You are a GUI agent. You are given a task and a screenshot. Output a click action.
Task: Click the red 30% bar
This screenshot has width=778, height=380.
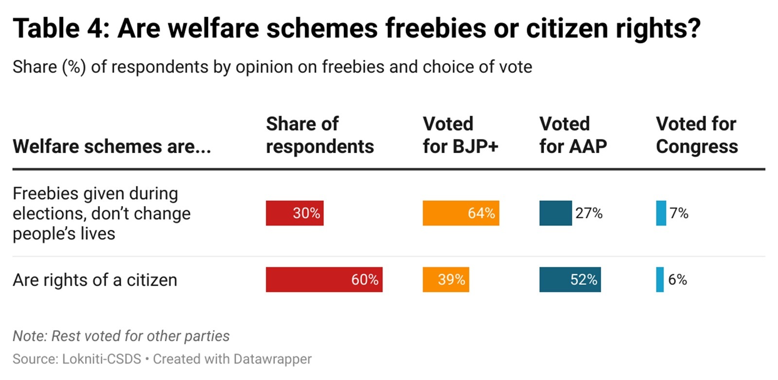point(294,213)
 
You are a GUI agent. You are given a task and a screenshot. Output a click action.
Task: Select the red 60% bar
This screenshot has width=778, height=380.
point(324,279)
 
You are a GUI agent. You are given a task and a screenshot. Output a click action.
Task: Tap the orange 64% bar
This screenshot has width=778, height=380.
point(460,213)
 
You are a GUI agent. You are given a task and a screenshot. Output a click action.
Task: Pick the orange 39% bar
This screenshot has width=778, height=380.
point(445,279)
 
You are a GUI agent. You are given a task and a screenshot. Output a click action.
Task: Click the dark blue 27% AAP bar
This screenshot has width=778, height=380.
point(555,213)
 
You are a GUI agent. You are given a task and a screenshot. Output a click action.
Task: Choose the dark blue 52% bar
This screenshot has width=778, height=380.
point(570,279)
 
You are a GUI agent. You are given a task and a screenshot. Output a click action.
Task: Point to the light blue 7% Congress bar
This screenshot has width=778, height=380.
point(661,213)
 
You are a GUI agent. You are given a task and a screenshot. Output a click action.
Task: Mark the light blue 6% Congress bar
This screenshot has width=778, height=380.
point(660,279)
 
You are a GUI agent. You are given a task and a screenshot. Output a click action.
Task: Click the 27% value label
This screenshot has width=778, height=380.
point(589,213)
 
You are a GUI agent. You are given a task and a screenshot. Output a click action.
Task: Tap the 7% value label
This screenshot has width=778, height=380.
point(679,213)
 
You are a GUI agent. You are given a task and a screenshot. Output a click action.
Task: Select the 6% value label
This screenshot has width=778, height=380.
point(677,279)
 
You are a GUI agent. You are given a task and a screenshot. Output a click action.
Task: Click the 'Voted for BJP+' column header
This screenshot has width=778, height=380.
point(460,135)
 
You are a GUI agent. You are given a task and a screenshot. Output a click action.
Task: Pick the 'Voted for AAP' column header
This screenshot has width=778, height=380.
point(573,135)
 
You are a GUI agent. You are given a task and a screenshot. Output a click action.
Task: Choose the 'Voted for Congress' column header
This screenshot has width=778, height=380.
point(696,135)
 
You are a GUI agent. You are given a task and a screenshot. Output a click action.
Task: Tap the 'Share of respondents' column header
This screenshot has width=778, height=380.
point(319,135)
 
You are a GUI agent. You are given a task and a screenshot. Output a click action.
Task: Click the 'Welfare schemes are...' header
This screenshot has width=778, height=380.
point(112,146)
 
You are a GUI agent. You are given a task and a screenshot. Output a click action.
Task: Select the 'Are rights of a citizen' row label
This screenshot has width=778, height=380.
point(95,280)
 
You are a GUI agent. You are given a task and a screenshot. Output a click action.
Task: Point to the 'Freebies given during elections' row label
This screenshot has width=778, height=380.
point(102,213)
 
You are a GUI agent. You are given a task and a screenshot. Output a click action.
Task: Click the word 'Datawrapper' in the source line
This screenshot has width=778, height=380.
point(272,359)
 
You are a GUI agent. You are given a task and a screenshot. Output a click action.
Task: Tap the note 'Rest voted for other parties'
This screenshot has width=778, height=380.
point(121,336)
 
